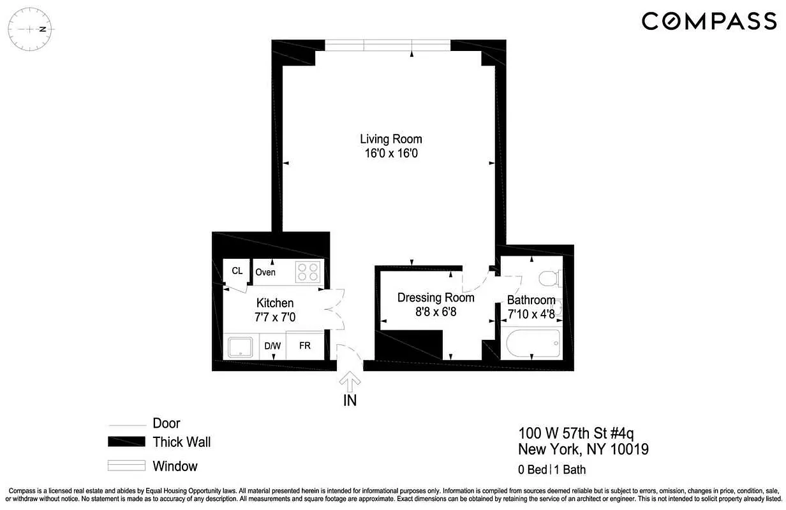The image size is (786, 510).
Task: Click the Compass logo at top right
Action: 709,22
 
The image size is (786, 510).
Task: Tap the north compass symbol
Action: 31,29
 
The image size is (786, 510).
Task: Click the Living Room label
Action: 390,139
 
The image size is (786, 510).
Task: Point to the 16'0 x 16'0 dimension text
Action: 390,154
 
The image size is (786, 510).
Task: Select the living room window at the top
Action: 387,45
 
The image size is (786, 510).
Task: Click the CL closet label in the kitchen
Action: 237,271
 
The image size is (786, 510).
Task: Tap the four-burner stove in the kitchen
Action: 309,272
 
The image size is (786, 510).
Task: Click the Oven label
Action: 265,273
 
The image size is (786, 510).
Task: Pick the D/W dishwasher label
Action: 272,346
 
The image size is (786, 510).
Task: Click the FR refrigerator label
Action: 305,346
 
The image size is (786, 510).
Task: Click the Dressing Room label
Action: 436,298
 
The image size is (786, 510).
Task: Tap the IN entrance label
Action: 350,401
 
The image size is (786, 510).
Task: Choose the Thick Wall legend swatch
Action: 127,442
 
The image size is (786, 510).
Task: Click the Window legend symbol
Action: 127,466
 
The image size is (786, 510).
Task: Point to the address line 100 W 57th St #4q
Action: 576,434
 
